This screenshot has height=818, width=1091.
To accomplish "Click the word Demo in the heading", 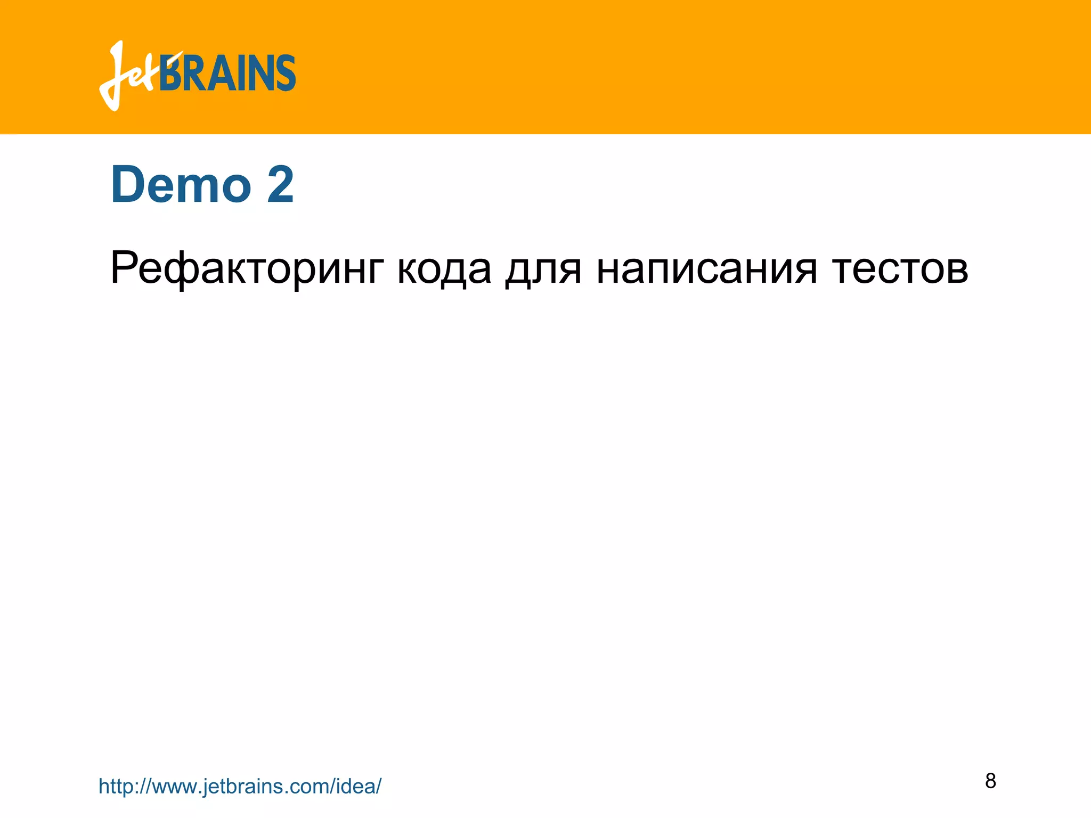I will click(181, 185).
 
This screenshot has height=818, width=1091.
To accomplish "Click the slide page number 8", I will click(990, 781).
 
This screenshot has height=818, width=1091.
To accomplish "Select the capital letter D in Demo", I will click(128, 185).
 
